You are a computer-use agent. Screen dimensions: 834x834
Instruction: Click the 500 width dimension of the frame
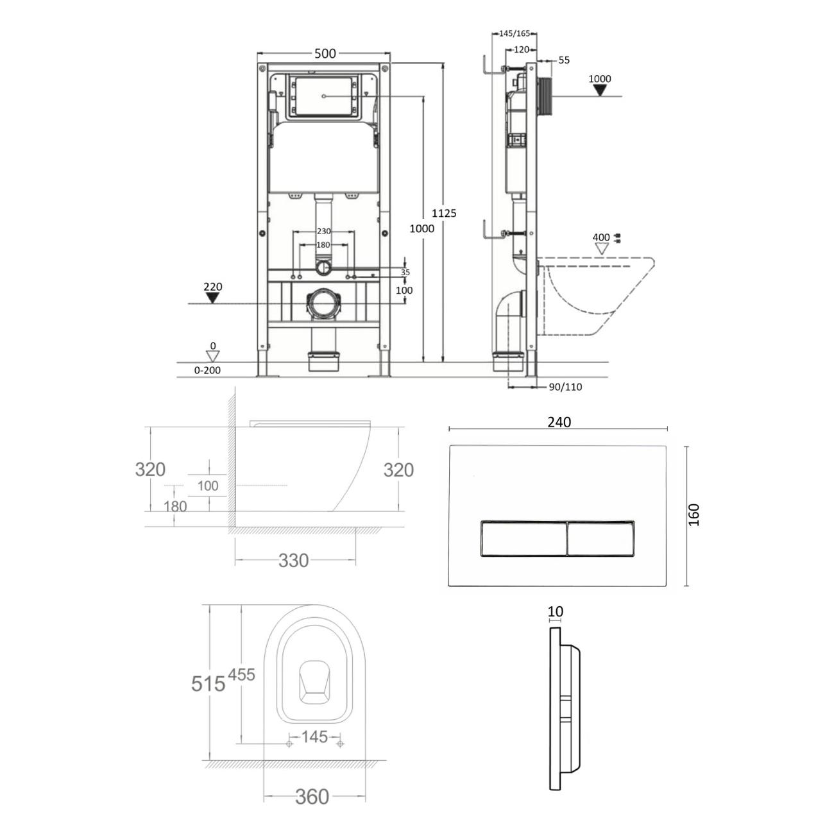[325, 53]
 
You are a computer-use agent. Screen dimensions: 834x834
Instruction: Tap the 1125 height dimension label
[443, 213]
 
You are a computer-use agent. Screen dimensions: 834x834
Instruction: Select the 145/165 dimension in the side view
[514, 33]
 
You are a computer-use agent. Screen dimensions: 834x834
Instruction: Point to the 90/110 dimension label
[565, 387]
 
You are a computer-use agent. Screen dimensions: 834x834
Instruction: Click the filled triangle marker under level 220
[212, 298]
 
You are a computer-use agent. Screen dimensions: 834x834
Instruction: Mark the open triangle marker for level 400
[602, 248]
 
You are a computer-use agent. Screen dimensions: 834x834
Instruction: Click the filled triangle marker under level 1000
[600, 90]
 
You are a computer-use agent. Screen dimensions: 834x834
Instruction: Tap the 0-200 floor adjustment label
[207, 370]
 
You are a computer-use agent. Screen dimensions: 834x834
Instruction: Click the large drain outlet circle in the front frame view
[322, 304]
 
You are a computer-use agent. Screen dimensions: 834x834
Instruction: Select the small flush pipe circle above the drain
[323, 268]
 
